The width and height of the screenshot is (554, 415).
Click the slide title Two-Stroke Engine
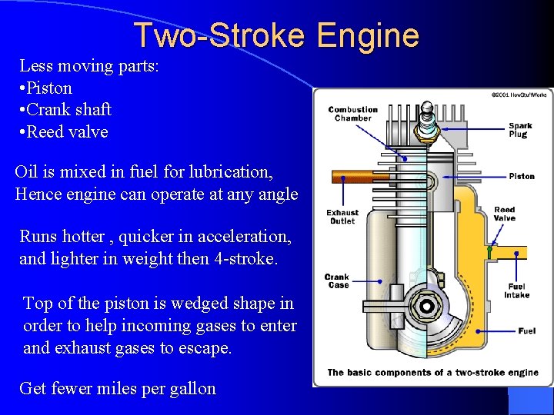point(276,35)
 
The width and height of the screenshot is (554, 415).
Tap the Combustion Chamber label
point(352,114)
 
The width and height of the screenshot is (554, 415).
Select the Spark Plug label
point(519,130)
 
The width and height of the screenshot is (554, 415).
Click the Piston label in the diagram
point(521,176)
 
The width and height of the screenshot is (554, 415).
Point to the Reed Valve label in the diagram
point(504,214)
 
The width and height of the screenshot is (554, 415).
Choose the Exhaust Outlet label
point(342,217)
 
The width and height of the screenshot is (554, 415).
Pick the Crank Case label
point(337,281)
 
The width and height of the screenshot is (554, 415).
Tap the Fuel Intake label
point(516,290)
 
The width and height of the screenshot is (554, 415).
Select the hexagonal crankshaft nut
point(425,308)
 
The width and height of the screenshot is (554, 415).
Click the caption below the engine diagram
point(432,372)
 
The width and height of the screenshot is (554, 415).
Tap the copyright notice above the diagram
point(519,94)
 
